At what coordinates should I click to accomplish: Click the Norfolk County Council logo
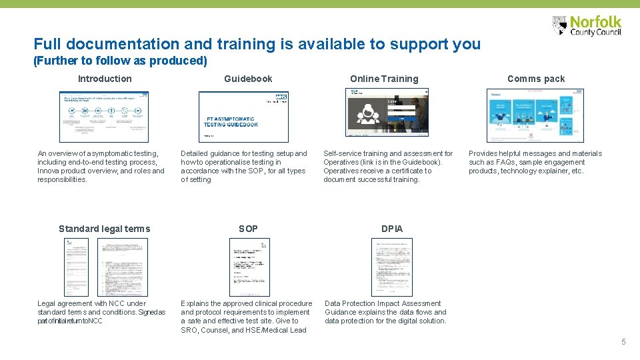[587, 26]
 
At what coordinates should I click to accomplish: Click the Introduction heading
[105, 79]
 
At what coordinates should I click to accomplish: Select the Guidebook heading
[248, 79]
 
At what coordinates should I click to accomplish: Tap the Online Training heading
[384, 79]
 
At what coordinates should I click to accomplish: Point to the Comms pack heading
[535, 79]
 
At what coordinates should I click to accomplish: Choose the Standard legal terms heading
[104, 229]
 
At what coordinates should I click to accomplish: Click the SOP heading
[248, 229]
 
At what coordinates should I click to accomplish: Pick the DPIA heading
[392, 229]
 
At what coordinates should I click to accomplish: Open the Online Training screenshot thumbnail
[387, 113]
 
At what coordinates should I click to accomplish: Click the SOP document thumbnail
[249, 267]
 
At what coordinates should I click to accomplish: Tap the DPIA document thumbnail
[391, 267]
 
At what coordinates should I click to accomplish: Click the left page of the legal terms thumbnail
[77, 267]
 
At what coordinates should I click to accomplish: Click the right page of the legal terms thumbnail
[123, 267]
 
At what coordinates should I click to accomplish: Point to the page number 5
[623, 342]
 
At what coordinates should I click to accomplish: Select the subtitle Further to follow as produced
[120, 61]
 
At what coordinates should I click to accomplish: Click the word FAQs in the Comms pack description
[505, 162]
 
